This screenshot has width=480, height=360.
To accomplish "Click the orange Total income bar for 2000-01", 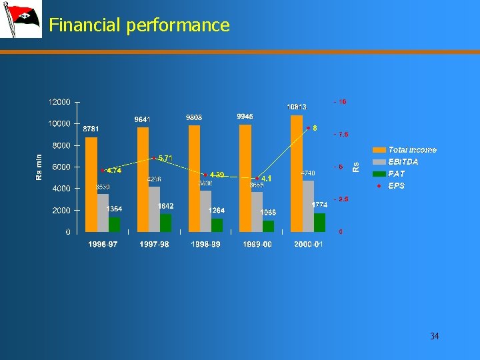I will tap(297, 173).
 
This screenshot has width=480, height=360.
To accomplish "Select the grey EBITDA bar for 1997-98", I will tap(154, 209).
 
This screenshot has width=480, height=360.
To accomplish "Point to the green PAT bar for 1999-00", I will tap(268, 226).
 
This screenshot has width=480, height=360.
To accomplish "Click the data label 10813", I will tap(297, 107).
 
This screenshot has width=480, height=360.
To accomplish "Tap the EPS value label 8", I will tap(315, 128).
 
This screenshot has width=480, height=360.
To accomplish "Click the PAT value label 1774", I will tap(319, 205).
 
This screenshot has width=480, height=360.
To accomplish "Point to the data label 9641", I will tap(143, 119).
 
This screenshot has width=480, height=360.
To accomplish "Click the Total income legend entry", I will tap(411, 150).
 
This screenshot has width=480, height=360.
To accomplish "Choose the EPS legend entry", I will tap(396, 186).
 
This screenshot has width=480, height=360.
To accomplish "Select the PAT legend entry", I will tap(396, 174).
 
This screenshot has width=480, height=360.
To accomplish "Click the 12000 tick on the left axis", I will tap(59, 102).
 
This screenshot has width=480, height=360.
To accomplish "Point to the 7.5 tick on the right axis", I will tap(341, 135).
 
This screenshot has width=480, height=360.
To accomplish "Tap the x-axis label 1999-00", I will tap(257, 245).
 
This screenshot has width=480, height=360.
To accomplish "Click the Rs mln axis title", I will tap(39, 167).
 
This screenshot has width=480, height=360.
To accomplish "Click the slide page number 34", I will tap(435, 336).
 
